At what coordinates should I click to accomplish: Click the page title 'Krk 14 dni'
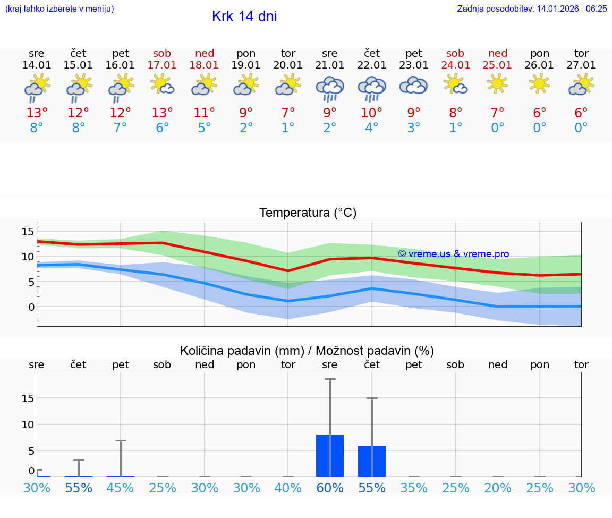click(244, 16)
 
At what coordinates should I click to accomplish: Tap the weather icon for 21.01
click(330, 88)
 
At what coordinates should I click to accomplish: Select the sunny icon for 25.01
click(497, 84)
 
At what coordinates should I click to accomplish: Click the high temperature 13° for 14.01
click(37, 113)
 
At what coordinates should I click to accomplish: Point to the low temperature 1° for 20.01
click(288, 128)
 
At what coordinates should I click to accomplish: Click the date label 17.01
click(162, 65)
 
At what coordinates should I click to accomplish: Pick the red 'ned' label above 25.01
click(497, 53)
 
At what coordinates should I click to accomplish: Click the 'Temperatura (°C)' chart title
click(308, 213)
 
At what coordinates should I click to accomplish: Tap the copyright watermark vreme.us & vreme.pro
click(453, 254)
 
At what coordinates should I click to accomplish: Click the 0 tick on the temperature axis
click(31, 307)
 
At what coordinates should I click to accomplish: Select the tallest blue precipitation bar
click(330, 455)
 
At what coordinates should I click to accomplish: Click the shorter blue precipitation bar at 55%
click(372, 461)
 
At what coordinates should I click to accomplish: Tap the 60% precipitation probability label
click(330, 488)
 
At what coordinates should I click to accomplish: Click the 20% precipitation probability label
click(497, 488)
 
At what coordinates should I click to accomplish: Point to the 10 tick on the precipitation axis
click(28, 424)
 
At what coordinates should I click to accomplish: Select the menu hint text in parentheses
click(59, 9)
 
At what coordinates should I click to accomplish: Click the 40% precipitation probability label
click(288, 488)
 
